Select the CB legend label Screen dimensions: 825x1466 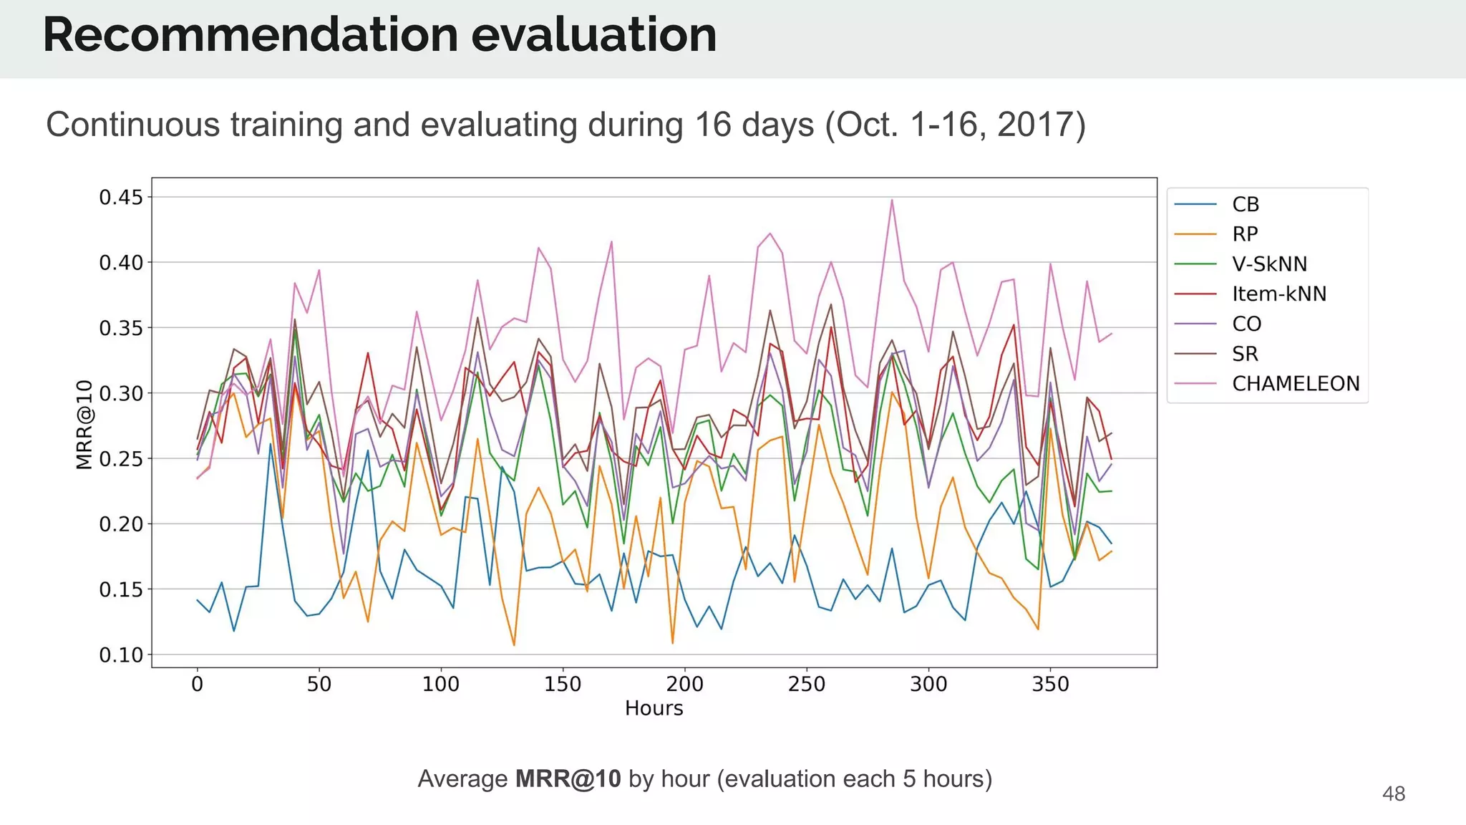pyautogui.click(x=1245, y=205)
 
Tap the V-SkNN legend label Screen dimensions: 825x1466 pyautogui.click(x=1269, y=264)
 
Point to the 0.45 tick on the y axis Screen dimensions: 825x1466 pyautogui.click(x=121, y=197)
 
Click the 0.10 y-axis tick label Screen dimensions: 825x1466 pyautogui.click(x=121, y=655)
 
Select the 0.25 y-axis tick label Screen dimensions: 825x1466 pyautogui.click(x=121, y=459)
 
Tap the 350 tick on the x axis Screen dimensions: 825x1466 pyautogui.click(x=1050, y=685)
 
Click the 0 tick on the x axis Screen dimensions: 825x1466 pyautogui.click(x=198, y=685)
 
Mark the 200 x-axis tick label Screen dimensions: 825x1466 pyautogui.click(x=684, y=685)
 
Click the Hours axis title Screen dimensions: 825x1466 pyautogui.click(x=654, y=708)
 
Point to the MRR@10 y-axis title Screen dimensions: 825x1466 pyautogui.click(x=84, y=425)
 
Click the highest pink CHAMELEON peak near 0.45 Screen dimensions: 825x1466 pyautogui.click(x=892, y=201)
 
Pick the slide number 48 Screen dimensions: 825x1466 pyautogui.click(x=1393, y=793)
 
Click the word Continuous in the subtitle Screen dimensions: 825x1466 pyautogui.click(x=132, y=125)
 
